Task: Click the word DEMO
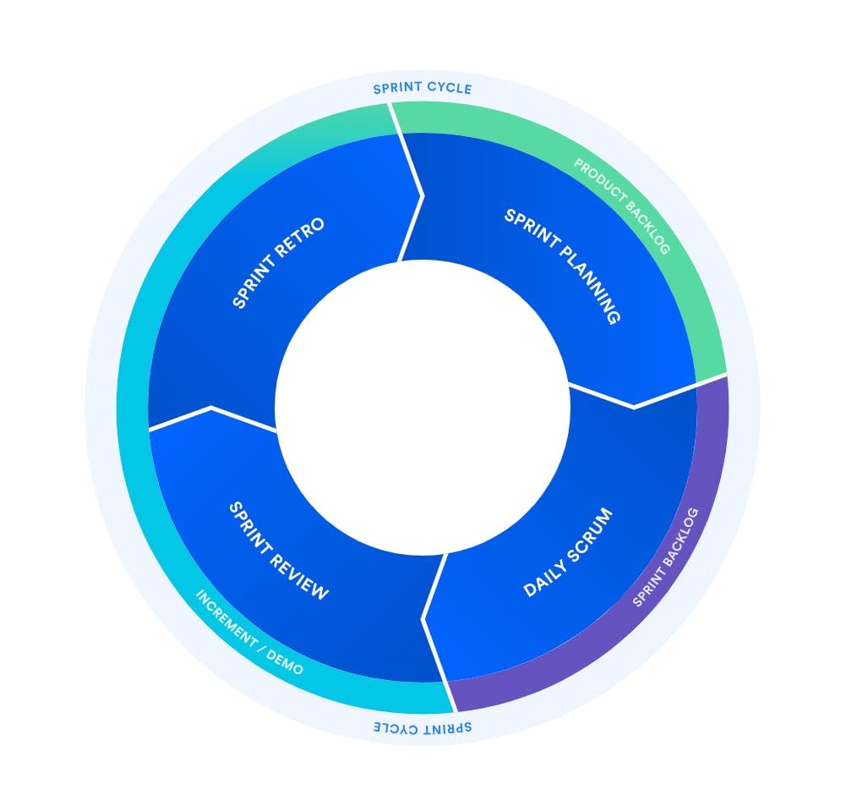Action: [x=288, y=666]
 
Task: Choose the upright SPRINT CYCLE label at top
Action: [x=423, y=88]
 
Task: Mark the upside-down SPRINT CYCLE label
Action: [x=423, y=727]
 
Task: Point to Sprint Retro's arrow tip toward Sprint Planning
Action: [x=422, y=196]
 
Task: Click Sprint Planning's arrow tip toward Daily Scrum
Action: [x=635, y=407]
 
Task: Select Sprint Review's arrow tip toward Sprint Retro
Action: [x=210, y=408]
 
